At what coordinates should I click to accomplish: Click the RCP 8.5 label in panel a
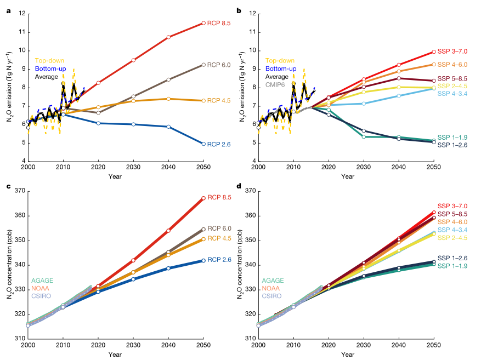(x=219, y=23)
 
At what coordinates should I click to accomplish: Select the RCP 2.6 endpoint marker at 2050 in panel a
(x=203, y=144)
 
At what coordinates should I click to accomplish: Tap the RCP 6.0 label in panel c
(x=219, y=228)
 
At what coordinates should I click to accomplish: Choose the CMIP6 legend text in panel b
(x=276, y=85)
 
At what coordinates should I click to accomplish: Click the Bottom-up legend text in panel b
(x=281, y=68)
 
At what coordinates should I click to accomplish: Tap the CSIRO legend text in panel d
(x=271, y=296)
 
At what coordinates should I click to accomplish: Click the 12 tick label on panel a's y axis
(x=20, y=13)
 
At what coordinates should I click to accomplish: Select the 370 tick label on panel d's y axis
(x=248, y=191)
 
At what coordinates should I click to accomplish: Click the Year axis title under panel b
(x=346, y=176)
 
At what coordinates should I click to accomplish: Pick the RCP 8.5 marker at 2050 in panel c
(x=203, y=198)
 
